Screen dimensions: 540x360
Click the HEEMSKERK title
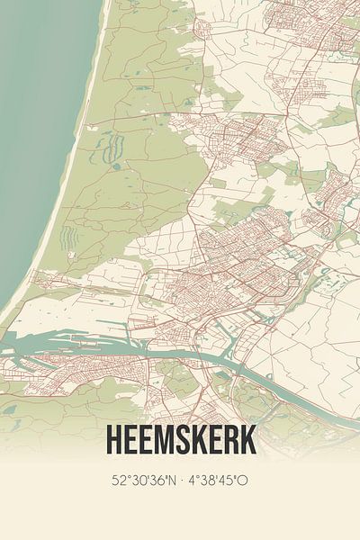(x=180, y=440)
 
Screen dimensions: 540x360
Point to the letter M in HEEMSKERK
(x=161, y=440)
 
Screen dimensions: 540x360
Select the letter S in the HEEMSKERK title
(x=180, y=440)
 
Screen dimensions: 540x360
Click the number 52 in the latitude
(x=117, y=480)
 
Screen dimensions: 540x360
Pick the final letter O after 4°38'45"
(x=244, y=480)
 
